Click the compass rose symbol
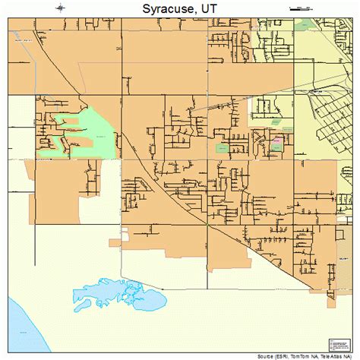(60, 8)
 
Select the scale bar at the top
(301, 8)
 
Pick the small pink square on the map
(276, 141)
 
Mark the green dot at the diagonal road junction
(206, 226)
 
